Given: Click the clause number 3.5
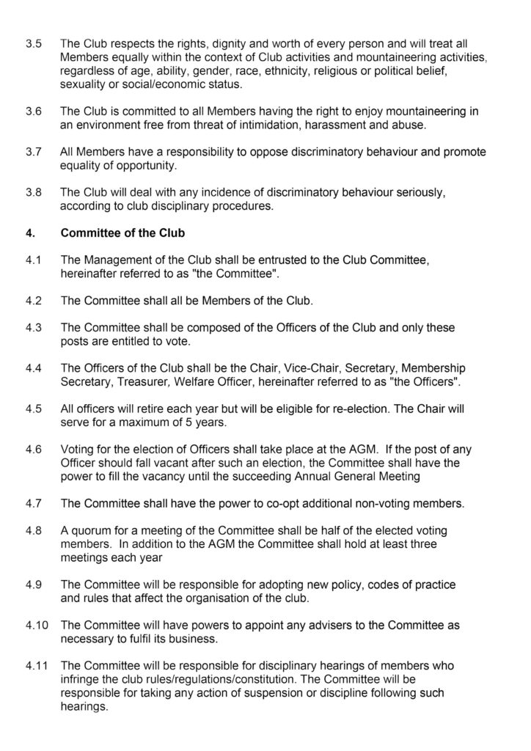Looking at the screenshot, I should pyautogui.click(x=33, y=44).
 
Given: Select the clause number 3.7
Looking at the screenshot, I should pyautogui.click(x=33, y=153).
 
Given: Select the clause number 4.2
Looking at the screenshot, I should pyautogui.click(x=33, y=299).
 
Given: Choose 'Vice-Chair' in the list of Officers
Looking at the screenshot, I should pyautogui.click(x=304, y=367).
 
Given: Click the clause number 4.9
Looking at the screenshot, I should pyautogui.click(x=33, y=584).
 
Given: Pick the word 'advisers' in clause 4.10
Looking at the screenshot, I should pyautogui.click(x=320, y=626).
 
